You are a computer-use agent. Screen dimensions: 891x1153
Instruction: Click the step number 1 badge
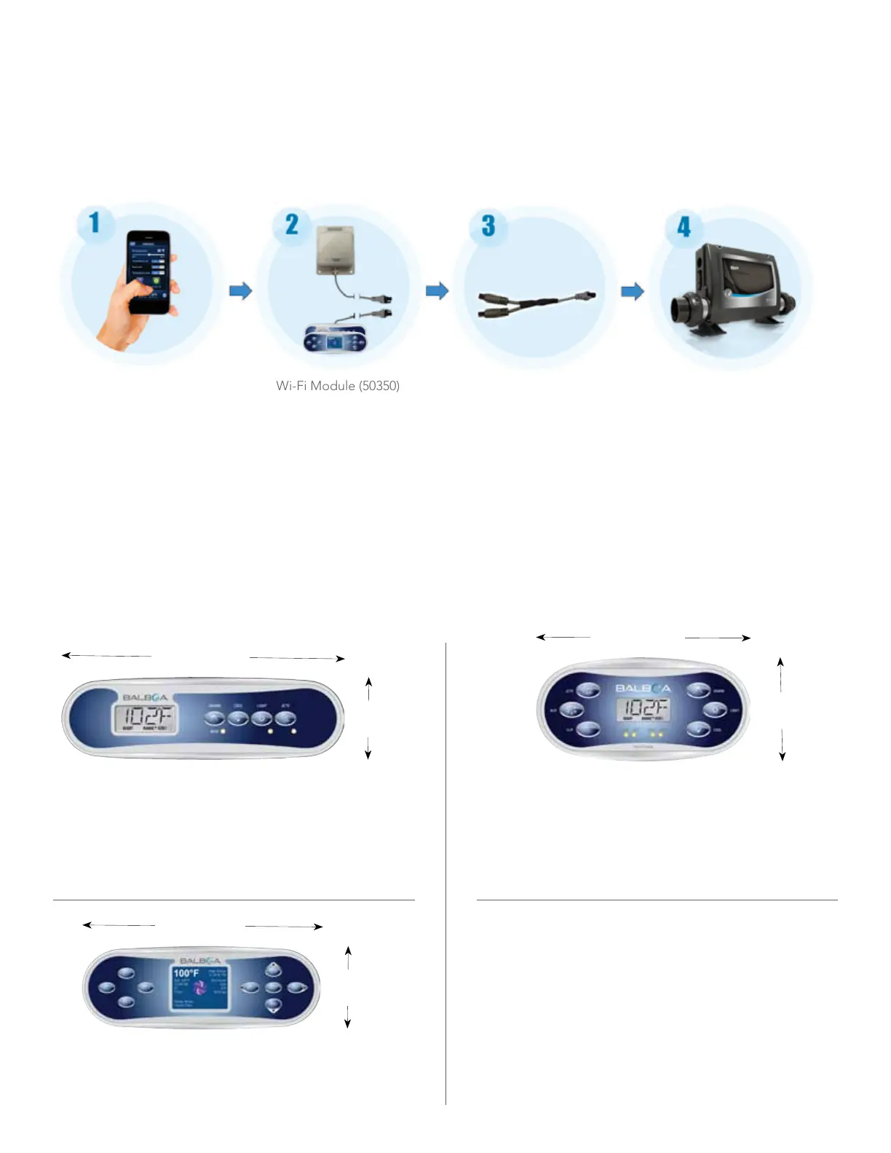95,222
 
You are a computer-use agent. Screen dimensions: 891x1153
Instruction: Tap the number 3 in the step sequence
488,225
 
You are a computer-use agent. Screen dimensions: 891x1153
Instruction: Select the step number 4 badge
684,226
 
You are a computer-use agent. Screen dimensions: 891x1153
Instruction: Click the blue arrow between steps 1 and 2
240,291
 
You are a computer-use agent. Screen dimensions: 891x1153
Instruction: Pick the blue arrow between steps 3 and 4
633,292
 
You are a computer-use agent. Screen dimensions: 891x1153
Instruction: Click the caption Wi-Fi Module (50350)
338,386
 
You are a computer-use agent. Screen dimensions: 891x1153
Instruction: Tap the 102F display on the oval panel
643,708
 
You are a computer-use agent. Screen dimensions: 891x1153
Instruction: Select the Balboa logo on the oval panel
643,688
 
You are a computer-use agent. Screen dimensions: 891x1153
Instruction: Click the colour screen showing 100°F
200,988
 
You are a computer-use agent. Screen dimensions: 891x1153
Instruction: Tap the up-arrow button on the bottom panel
273,970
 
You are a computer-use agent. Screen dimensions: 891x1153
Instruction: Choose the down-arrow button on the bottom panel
273,1005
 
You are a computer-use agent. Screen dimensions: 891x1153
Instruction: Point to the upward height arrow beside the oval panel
780,673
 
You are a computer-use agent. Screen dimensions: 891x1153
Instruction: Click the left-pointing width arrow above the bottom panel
119,925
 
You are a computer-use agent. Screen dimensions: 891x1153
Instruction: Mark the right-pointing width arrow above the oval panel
718,638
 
